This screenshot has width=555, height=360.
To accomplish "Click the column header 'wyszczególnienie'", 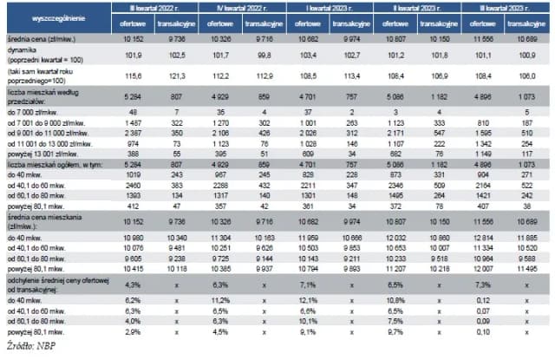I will point(49,17).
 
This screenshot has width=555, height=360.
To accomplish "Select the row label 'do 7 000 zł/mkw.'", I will point(31,113).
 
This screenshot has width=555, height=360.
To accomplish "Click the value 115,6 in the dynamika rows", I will point(134,75).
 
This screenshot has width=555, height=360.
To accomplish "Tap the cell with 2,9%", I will point(133,331).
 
